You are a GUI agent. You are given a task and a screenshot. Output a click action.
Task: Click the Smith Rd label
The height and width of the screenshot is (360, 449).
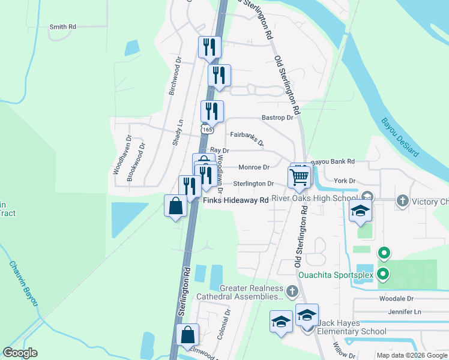(x=62, y=27)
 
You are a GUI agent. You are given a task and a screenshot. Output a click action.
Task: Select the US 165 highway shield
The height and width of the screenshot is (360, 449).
(x=207, y=129)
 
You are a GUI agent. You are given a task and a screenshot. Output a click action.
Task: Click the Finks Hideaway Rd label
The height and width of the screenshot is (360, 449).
(x=235, y=200)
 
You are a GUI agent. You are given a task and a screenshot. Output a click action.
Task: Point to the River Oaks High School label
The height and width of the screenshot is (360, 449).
(x=313, y=197)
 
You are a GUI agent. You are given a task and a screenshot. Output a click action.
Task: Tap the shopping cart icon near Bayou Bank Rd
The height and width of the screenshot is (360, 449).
(x=299, y=176)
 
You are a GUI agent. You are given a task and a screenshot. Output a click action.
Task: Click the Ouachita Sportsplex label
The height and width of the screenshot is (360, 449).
(x=336, y=275)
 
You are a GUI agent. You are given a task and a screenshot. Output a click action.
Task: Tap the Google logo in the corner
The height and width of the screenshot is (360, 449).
(x=20, y=353)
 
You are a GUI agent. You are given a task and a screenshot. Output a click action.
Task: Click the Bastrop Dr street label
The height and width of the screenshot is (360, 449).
(x=277, y=118)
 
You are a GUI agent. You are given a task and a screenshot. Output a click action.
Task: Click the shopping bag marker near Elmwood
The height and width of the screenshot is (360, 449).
(x=188, y=334)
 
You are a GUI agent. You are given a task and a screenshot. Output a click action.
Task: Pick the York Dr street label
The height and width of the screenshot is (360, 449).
(x=345, y=181)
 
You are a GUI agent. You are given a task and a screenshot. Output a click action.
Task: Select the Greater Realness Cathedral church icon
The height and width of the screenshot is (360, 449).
(x=292, y=292)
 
